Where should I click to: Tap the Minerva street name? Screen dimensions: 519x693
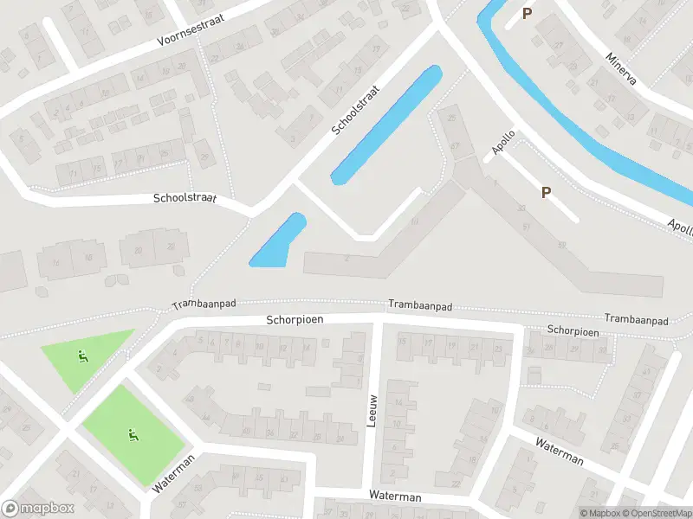622,68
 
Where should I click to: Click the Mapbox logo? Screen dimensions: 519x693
38,509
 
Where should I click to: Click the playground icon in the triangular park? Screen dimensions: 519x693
82,354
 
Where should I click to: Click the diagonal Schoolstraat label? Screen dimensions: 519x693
356,110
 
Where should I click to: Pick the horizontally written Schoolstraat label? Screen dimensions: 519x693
185,198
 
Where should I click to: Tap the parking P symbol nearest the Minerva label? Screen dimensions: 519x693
527,13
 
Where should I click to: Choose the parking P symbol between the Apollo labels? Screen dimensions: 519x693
546,192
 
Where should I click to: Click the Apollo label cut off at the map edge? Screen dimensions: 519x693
679,227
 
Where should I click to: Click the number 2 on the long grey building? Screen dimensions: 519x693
346,259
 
